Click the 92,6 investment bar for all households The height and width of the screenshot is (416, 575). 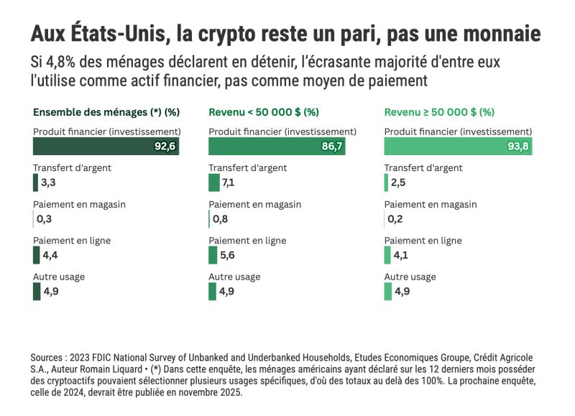pyautogui.click(x=105, y=147)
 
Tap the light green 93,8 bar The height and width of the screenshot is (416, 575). pyautogui.click(x=458, y=147)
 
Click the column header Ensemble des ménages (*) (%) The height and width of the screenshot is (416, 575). pyautogui.click(x=106, y=112)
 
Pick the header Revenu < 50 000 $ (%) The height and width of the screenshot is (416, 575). pyautogui.click(x=264, y=112)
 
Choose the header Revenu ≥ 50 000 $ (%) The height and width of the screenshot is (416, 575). pyautogui.click(x=439, y=112)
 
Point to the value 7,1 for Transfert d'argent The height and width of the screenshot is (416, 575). pyautogui.click(x=230, y=183)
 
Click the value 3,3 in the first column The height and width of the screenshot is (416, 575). pyautogui.click(x=48, y=183)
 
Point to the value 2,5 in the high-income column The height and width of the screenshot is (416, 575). pyautogui.click(x=398, y=183)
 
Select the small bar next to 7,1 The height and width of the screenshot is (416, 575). pyautogui.click(x=214, y=183)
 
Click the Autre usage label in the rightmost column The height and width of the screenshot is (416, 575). pyautogui.click(x=410, y=277)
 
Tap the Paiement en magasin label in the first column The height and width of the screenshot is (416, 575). pyautogui.click(x=79, y=204)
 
